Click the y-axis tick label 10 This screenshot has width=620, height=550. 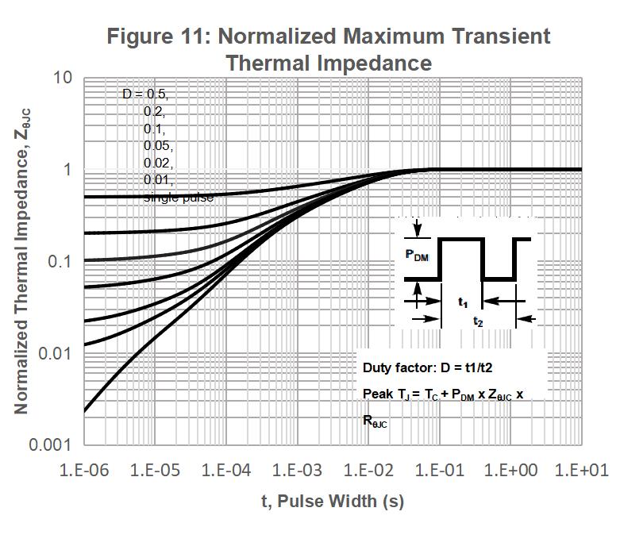click(x=63, y=78)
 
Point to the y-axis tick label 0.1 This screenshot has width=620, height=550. click(x=57, y=261)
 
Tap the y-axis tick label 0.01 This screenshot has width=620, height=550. click(x=53, y=352)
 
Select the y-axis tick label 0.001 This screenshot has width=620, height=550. click(x=50, y=444)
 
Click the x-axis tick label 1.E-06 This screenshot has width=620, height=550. click(x=84, y=470)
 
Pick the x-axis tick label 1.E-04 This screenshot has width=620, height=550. click(x=226, y=470)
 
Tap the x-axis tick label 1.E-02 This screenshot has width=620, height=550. click(x=369, y=470)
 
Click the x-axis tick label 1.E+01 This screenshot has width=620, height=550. click(x=581, y=470)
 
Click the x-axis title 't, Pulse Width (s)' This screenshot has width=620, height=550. click(x=333, y=502)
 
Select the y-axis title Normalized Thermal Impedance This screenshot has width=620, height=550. click(x=21, y=270)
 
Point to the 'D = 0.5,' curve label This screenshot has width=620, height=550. click(x=145, y=94)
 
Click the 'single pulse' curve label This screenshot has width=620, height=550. click(x=179, y=198)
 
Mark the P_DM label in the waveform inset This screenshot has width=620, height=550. click(x=416, y=255)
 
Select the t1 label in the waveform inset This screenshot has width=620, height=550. click(x=463, y=302)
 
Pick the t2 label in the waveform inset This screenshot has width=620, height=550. click(x=478, y=321)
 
